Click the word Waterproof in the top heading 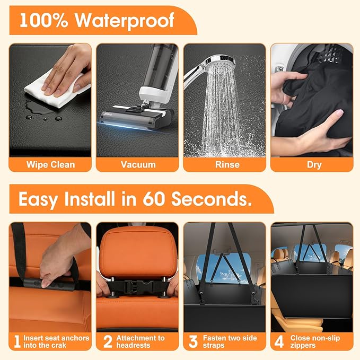point(125,21)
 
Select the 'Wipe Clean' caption point(50,164)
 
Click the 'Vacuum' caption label point(138,164)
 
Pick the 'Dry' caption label point(314,164)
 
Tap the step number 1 point(17,342)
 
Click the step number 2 point(108,342)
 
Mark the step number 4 point(279,342)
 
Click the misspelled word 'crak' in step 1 point(58,346)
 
